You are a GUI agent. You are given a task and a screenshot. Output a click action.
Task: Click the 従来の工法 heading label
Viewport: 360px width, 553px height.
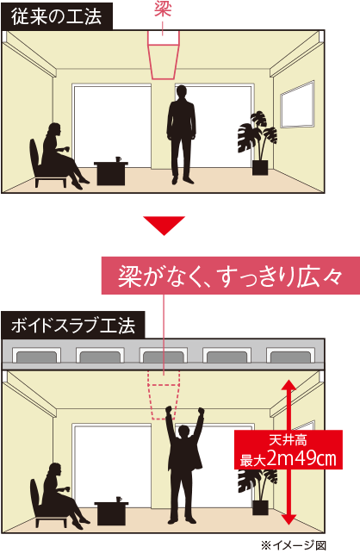coord(57,16)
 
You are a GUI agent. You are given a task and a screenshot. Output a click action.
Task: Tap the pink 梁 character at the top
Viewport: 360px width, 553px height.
coord(163,9)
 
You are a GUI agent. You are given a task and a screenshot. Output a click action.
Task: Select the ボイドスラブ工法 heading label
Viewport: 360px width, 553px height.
coord(73,326)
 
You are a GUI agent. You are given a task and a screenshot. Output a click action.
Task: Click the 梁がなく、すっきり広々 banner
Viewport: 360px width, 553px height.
coord(231,276)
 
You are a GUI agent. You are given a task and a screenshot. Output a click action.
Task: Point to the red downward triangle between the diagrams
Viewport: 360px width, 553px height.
coord(164,224)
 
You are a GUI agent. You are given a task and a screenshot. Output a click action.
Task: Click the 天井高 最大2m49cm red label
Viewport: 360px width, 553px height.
coord(289,450)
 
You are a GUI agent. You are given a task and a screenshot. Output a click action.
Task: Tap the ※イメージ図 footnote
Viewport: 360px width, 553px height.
coord(294,545)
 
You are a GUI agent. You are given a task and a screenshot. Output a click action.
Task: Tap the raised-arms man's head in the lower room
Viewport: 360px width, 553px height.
coord(183,432)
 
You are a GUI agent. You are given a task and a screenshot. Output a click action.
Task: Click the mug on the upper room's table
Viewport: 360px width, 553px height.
coord(119,159)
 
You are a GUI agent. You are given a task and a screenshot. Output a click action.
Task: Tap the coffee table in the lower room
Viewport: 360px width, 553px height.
coord(111,513)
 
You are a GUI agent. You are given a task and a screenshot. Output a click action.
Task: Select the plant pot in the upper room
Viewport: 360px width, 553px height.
coord(260,168)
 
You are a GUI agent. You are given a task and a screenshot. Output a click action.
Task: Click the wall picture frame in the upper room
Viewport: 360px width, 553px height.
coord(298,104)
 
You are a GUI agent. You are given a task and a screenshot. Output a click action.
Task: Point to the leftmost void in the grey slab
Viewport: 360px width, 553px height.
coord(36,357)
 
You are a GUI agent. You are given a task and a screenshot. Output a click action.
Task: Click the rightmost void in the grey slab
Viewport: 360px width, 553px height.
coord(290,357)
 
